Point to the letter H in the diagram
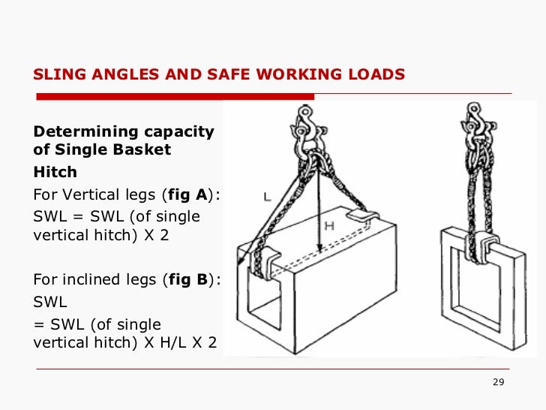(x=328, y=225)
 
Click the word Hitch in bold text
(x=55, y=172)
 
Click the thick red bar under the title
(x=175, y=96)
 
